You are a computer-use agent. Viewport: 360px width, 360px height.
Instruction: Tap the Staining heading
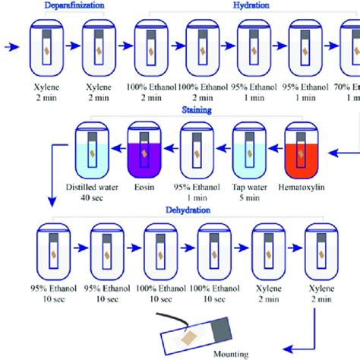click(x=196, y=109)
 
